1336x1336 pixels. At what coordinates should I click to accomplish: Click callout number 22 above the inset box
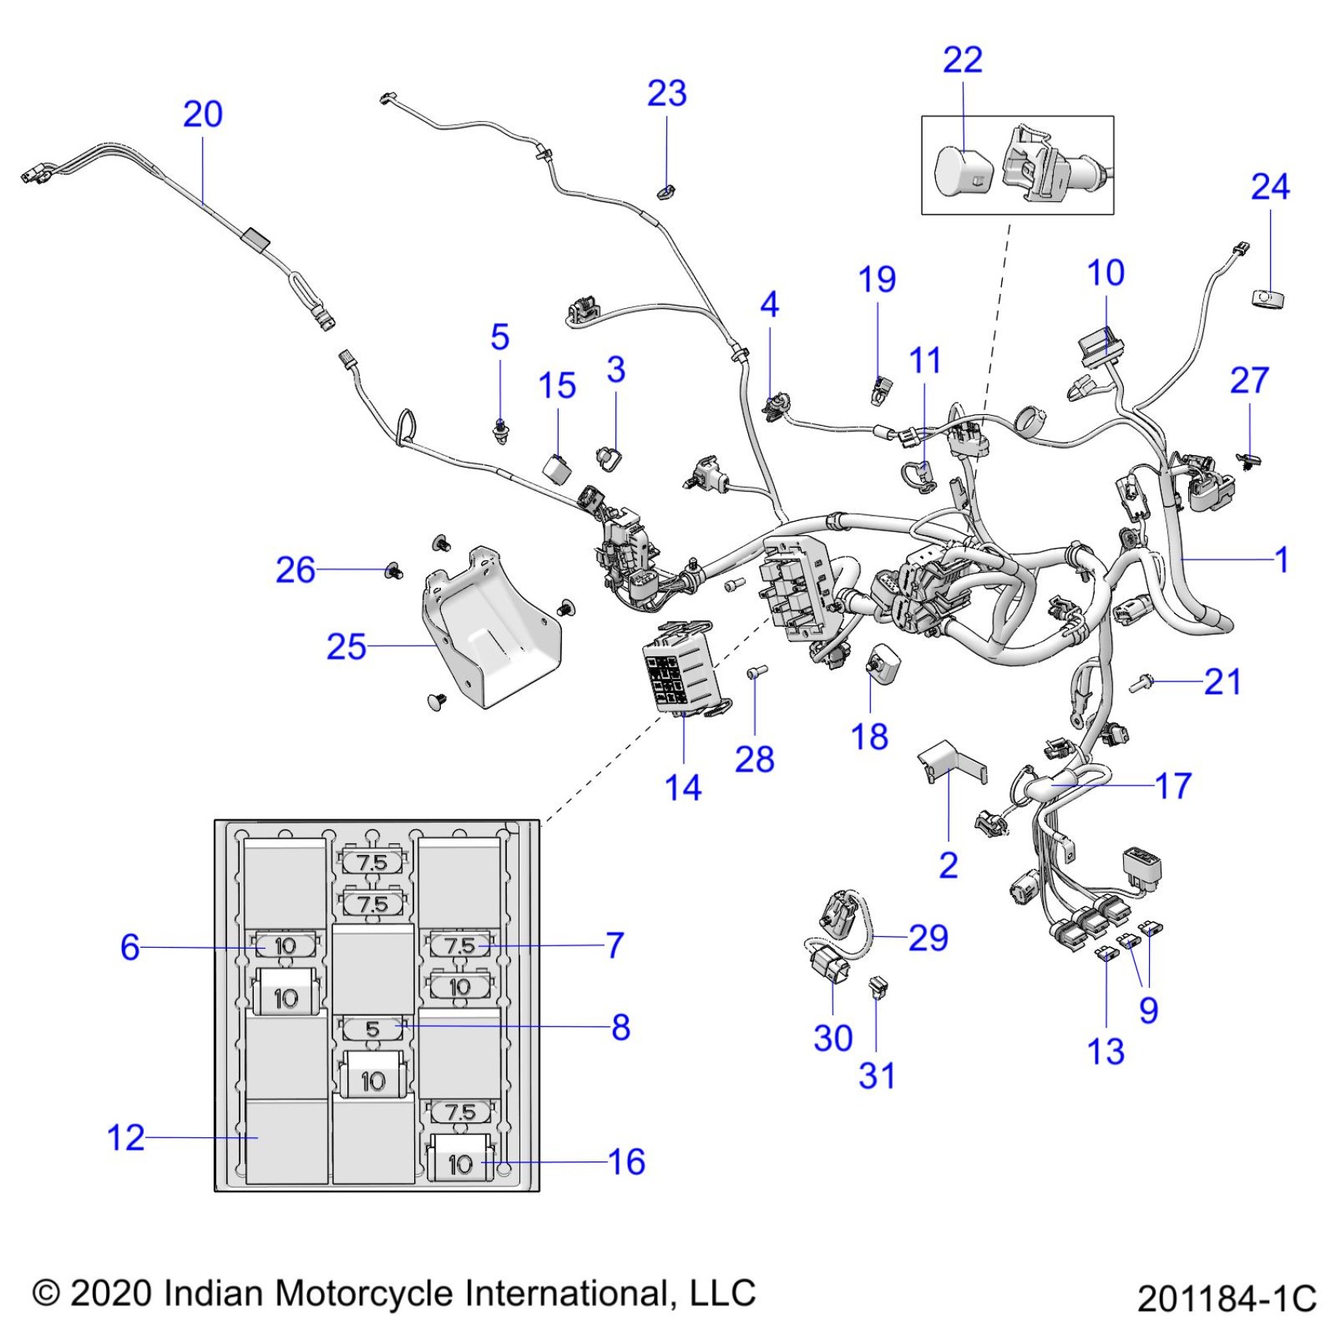click(962, 61)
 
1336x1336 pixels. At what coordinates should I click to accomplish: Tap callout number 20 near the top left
click(203, 115)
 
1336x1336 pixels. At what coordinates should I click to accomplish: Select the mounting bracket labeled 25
click(491, 629)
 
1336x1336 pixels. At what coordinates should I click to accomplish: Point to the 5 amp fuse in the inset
click(373, 1028)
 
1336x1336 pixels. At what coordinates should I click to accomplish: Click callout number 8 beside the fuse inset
click(621, 1027)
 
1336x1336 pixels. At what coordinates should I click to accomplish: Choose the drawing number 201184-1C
click(1226, 1298)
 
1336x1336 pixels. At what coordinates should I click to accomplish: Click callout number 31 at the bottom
click(876, 1075)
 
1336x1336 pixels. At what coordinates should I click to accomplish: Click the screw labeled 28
click(755, 673)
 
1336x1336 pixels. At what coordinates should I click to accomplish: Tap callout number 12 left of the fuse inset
click(126, 1137)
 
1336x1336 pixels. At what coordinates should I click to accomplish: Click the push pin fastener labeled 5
click(499, 430)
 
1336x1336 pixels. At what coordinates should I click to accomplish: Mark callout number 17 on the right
click(1173, 785)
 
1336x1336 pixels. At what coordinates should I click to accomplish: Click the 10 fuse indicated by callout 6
click(285, 946)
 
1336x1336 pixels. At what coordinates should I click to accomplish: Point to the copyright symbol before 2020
click(46, 1294)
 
